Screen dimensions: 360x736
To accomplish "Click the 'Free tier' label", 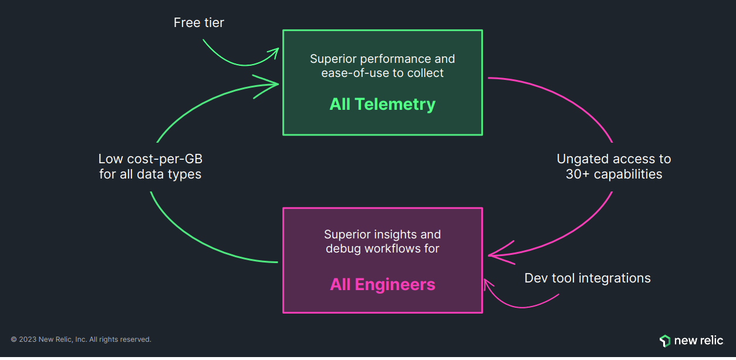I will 198,23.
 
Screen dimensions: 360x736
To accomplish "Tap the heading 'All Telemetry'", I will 382,105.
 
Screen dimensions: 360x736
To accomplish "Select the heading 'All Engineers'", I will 382,285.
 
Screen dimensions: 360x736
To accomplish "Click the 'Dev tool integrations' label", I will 587,278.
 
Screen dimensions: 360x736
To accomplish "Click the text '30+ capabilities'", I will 614,174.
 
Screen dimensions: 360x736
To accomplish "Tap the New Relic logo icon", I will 665,341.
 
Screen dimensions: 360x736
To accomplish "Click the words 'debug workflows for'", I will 382,248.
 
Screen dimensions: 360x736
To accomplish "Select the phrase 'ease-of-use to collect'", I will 382,73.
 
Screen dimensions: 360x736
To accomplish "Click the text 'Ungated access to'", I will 614,159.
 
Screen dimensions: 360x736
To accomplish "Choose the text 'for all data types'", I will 150,174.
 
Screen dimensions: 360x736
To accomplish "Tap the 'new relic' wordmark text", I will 698,341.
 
